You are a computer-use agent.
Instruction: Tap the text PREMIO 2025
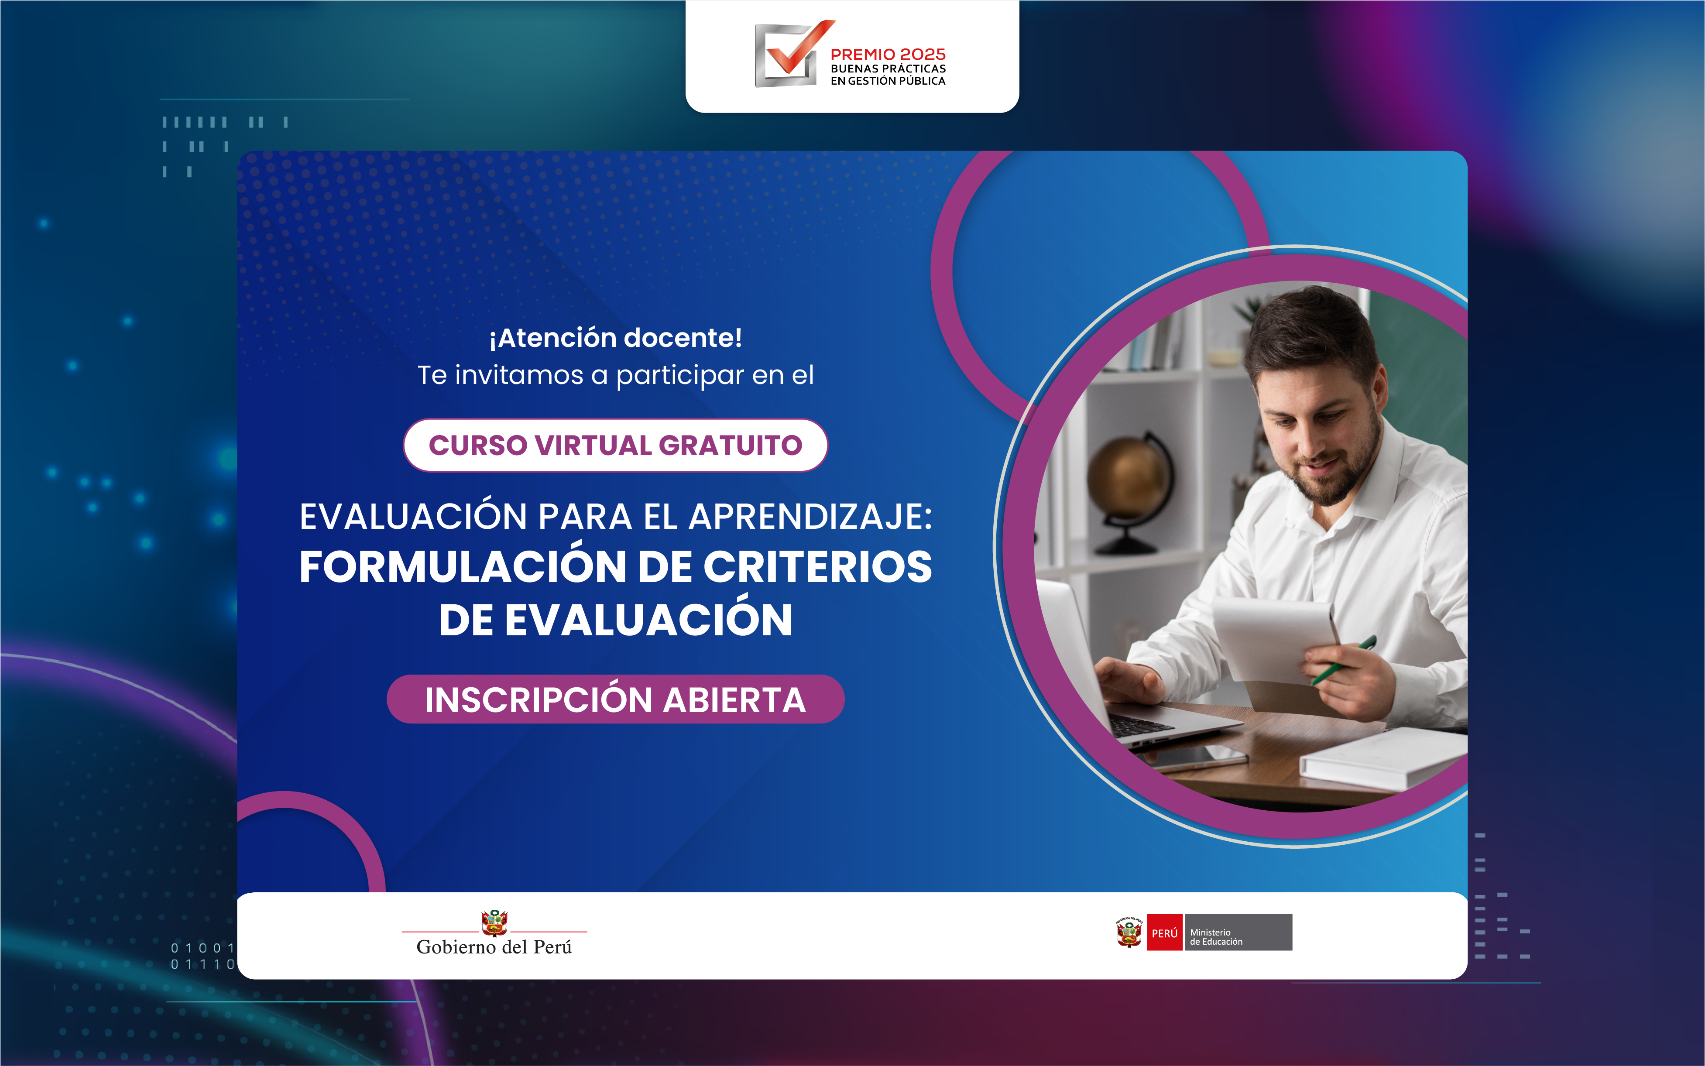pyautogui.click(x=888, y=54)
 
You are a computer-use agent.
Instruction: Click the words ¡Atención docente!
pyautogui.click(x=616, y=338)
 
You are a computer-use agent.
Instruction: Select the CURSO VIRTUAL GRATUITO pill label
pyautogui.click(x=616, y=445)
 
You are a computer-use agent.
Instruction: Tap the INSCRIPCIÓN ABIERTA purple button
pyautogui.click(x=616, y=699)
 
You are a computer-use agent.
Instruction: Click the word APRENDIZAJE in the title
pyautogui.click(x=810, y=517)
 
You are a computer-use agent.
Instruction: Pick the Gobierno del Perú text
pyautogui.click(x=494, y=947)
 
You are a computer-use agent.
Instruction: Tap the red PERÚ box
pyautogui.click(x=1164, y=933)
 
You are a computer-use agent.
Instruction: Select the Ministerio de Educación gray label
pyautogui.click(x=1238, y=933)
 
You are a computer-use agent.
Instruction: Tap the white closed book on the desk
pyautogui.click(x=1382, y=758)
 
